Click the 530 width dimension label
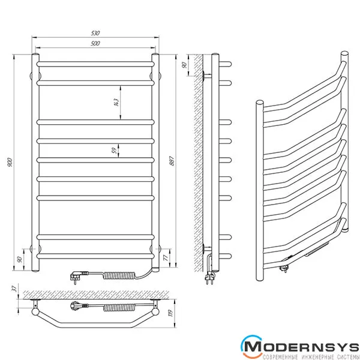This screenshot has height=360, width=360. tap(95, 33)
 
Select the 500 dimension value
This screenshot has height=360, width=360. tap(95, 43)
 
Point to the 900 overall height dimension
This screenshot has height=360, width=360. tap(10, 162)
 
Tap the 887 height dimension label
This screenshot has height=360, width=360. tap(172, 161)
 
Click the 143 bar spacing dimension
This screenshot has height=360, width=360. tap(116, 103)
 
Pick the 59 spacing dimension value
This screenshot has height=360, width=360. tap(114, 151)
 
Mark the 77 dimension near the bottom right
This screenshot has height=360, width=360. tap(166, 257)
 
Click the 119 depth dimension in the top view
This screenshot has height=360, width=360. tap(171, 313)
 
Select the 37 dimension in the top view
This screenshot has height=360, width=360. tap(14, 289)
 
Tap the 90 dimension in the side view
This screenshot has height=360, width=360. tap(184, 65)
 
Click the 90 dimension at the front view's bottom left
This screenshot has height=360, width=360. tap(20, 259)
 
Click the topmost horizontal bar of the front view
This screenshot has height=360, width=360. tap(95, 64)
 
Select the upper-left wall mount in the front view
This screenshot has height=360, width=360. tap(35, 76)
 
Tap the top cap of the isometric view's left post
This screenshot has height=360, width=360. tap(260, 102)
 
